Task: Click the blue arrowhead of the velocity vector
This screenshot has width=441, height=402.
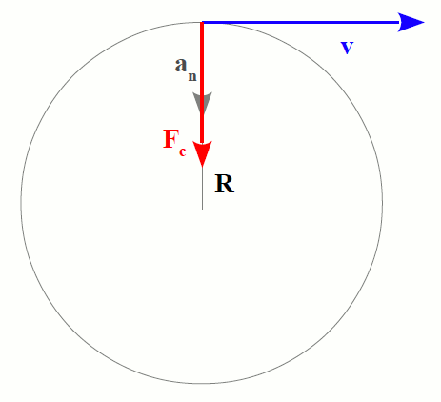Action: (x=410, y=23)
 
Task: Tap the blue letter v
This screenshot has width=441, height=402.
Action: (x=347, y=48)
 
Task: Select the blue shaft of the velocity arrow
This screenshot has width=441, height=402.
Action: (x=300, y=23)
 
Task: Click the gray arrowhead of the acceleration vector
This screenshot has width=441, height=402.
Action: (x=202, y=102)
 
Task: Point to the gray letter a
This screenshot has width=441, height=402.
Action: (x=181, y=66)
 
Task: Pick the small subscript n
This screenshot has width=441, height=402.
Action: (x=192, y=77)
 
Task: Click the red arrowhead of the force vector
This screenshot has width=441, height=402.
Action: (x=202, y=153)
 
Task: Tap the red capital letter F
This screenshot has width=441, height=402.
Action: (x=170, y=139)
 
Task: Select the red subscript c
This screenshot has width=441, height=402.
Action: (x=182, y=151)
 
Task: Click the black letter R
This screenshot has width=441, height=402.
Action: (x=225, y=184)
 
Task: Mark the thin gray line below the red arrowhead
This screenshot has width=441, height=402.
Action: (x=202, y=188)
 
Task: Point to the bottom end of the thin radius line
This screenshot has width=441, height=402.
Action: (x=202, y=209)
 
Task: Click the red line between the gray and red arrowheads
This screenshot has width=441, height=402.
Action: (x=202, y=128)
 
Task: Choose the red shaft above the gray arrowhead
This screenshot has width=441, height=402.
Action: (x=202, y=58)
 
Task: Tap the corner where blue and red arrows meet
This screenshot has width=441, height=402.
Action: (x=202, y=23)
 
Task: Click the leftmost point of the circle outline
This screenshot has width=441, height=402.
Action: (x=21, y=203)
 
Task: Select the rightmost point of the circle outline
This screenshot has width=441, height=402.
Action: (x=383, y=203)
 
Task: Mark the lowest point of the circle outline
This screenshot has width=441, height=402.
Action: (x=202, y=384)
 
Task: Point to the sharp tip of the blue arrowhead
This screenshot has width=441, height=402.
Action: (x=425, y=23)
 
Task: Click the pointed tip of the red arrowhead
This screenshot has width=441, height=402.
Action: (x=202, y=167)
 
